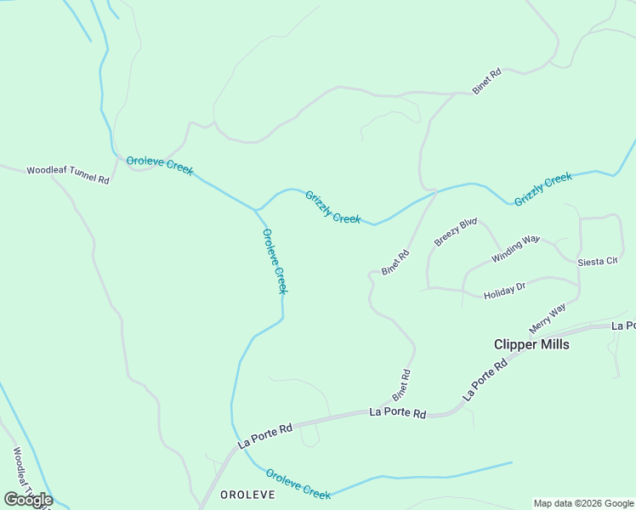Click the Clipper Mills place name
coord(531,344)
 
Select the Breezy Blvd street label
coord(456,232)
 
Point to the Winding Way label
coord(515,248)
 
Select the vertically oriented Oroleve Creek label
coord(275,261)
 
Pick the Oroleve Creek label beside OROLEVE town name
coord(298,484)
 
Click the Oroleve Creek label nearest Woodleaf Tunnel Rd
coord(160,166)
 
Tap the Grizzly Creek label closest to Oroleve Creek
coord(333,207)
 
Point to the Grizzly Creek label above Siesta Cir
coord(543,188)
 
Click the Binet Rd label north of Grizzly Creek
coord(487,82)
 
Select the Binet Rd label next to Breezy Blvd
coord(395,261)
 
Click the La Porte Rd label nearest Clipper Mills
coord(485,379)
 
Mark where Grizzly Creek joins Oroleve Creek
coord(255,209)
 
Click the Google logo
coord(28,500)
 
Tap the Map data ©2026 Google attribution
coord(583,503)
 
